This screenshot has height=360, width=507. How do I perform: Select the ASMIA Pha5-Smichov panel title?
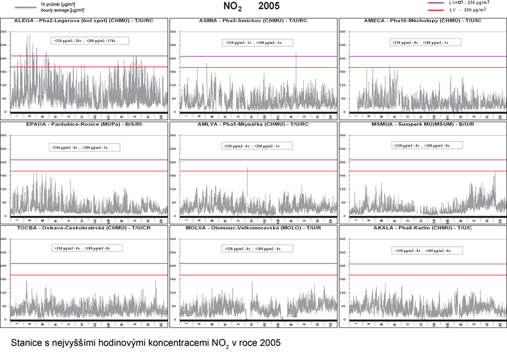point(253,20)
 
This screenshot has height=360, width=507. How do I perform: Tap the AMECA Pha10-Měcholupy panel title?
point(422,20)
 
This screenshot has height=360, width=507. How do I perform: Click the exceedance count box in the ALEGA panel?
point(90,41)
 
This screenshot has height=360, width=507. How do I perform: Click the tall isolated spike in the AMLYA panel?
point(247,180)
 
